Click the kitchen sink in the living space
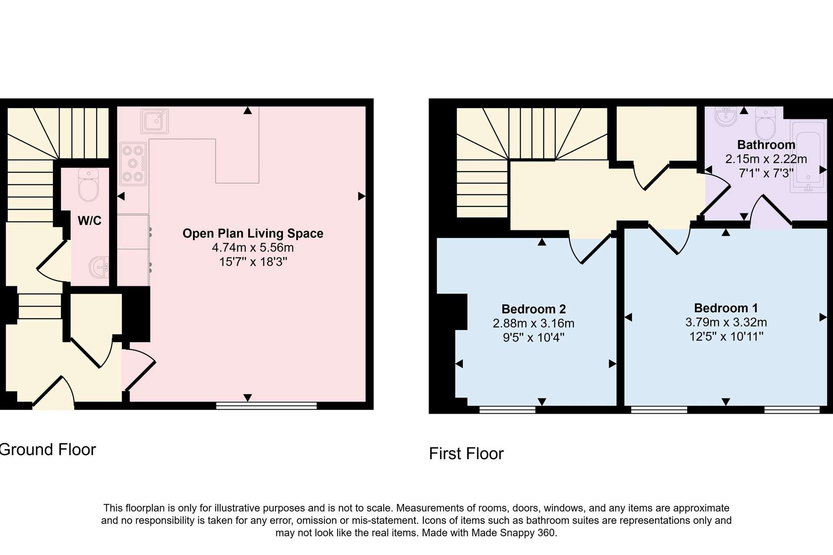pyautogui.click(x=154, y=121)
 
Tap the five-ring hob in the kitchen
pyautogui.click(x=133, y=164)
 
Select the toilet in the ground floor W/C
pyautogui.click(x=89, y=185)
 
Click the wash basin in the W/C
pyautogui.click(x=99, y=267)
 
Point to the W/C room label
pyautogui.click(x=89, y=221)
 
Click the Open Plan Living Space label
pyautogui.click(x=253, y=233)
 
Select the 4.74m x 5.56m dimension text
pyautogui.click(x=253, y=248)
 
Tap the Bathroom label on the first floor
pyautogui.click(x=766, y=145)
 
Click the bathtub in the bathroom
pyautogui.click(x=808, y=157)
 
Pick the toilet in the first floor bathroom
pyautogui.click(x=765, y=124)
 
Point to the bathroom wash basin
pyautogui.click(x=726, y=116)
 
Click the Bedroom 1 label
pyautogui.click(x=726, y=308)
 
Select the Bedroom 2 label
pyautogui.click(x=534, y=309)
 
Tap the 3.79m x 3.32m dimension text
pyautogui.click(x=726, y=322)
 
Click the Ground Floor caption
pyautogui.click(x=48, y=450)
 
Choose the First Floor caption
pyautogui.click(x=466, y=454)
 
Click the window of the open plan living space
pyautogui.click(x=266, y=405)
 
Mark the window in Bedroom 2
pyautogui.click(x=508, y=410)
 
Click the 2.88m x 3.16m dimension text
pyautogui.click(x=534, y=323)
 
